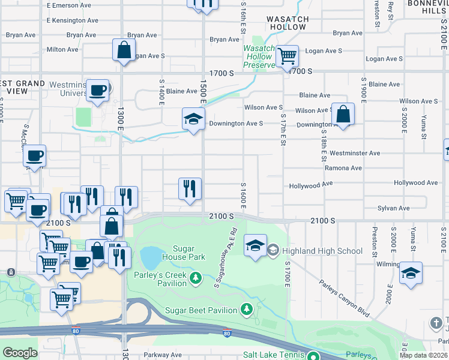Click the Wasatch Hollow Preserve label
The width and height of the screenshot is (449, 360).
tap(259, 56)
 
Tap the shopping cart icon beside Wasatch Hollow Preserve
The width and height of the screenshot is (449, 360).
tap(288, 56)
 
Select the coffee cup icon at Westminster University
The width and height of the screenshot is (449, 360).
tap(98, 91)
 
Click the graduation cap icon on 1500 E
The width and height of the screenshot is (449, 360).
tap(193, 119)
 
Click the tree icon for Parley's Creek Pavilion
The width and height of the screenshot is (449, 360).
tap(196, 278)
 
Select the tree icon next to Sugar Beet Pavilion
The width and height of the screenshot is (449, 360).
tap(246, 308)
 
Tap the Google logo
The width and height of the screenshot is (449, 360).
tap(20, 353)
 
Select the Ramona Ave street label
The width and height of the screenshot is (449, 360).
tap(344, 168)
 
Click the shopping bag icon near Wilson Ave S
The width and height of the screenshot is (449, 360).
tap(343, 114)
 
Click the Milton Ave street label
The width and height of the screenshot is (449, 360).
tap(62, 50)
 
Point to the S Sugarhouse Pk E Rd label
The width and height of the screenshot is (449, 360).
tap(226, 257)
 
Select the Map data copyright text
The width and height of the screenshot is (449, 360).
tap(423, 355)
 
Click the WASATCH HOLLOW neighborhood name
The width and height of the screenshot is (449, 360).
tap(289, 23)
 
